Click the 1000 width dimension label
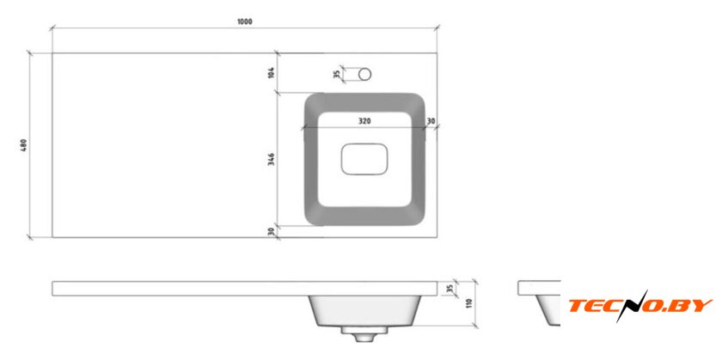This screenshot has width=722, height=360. (x=245, y=21)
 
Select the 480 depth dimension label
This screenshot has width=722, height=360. (x=24, y=145)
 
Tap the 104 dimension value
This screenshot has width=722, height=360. (x=272, y=73)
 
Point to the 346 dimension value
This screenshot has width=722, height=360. (x=272, y=159)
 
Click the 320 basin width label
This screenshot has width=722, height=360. (x=364, y=121)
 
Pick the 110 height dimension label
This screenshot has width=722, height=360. (x=469, y=303)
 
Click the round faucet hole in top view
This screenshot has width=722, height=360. (x=365, y=74)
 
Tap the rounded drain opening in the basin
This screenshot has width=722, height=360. (x=364, y=159)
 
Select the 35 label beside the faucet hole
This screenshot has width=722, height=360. (x=338, y=74)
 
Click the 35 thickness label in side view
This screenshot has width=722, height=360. (x=450, y=289)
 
